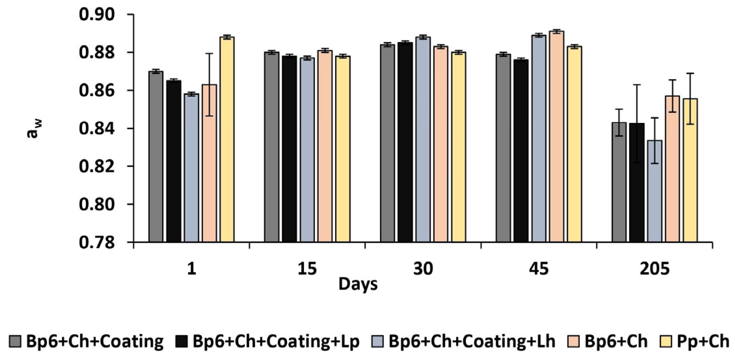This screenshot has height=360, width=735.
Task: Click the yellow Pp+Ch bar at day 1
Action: point(227,140)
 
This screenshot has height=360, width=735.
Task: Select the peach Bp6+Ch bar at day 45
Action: point(557,137)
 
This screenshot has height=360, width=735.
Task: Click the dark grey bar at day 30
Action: point(388,143)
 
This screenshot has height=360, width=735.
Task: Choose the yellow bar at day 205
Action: point(690,171)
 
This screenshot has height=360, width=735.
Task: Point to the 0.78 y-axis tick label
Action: point(97,242)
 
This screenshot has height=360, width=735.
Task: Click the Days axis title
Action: point(358,284)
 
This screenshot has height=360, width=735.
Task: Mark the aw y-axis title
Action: point(33,129)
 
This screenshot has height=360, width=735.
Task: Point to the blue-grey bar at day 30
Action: point(423,140)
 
